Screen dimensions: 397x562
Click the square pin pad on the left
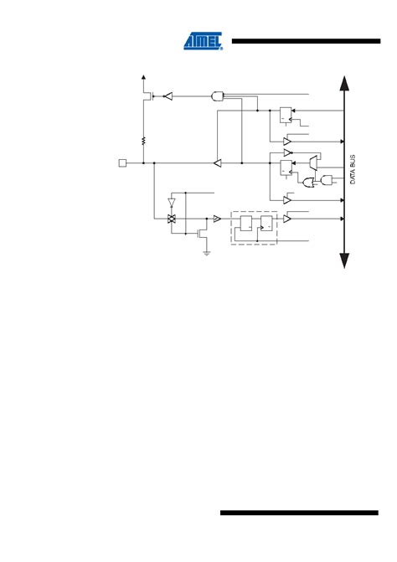123,162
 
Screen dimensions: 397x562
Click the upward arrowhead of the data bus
343,81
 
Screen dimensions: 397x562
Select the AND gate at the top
219,95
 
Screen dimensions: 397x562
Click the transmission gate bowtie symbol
172,219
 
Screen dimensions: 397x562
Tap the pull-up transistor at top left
147,96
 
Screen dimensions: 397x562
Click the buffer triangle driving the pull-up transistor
168,96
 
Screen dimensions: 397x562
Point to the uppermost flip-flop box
286,113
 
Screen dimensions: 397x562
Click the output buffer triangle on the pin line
217,162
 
